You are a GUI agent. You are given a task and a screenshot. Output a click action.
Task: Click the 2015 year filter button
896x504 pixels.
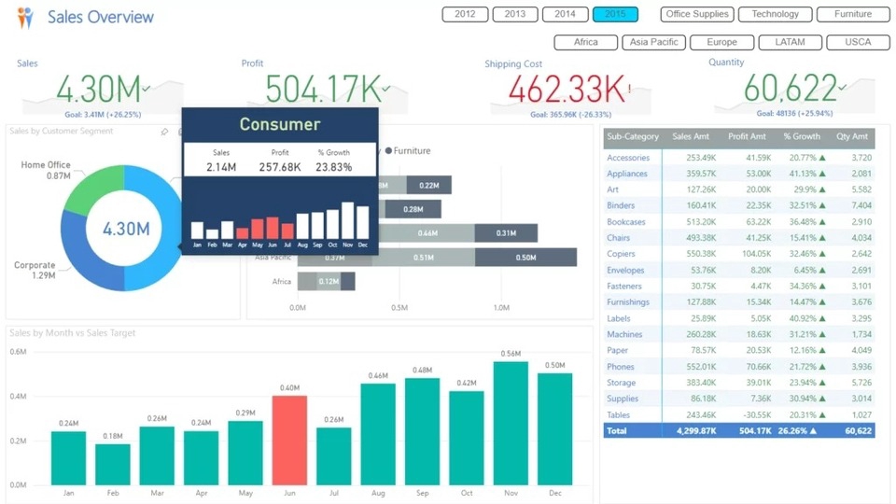point(615,14)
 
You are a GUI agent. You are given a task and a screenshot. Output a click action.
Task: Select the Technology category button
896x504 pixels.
point(775,14)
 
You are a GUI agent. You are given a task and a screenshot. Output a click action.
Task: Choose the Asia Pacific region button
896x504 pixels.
point(654,42)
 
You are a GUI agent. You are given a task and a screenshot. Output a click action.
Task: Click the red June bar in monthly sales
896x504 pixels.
point(289,439)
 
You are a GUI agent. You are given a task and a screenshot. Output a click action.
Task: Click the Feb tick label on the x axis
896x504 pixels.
point(113,493)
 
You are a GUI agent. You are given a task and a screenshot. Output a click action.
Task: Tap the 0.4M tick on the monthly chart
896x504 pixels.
point(18,396)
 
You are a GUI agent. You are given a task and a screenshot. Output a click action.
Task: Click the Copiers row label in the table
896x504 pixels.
point(622,254)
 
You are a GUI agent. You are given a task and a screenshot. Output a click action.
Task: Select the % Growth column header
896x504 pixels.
point(802,136)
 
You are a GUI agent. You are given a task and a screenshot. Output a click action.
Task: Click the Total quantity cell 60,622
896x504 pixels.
point(858,431)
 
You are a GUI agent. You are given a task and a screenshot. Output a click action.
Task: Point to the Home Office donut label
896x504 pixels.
point(46,165)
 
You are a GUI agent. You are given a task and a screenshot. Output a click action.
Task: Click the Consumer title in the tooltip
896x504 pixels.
point(279,124)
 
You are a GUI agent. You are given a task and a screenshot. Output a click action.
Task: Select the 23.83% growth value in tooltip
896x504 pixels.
point(334,167)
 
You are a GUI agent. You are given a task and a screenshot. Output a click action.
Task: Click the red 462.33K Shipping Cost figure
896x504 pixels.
point(557,90)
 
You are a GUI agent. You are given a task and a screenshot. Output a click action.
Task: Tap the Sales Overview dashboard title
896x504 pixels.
point(101,17)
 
